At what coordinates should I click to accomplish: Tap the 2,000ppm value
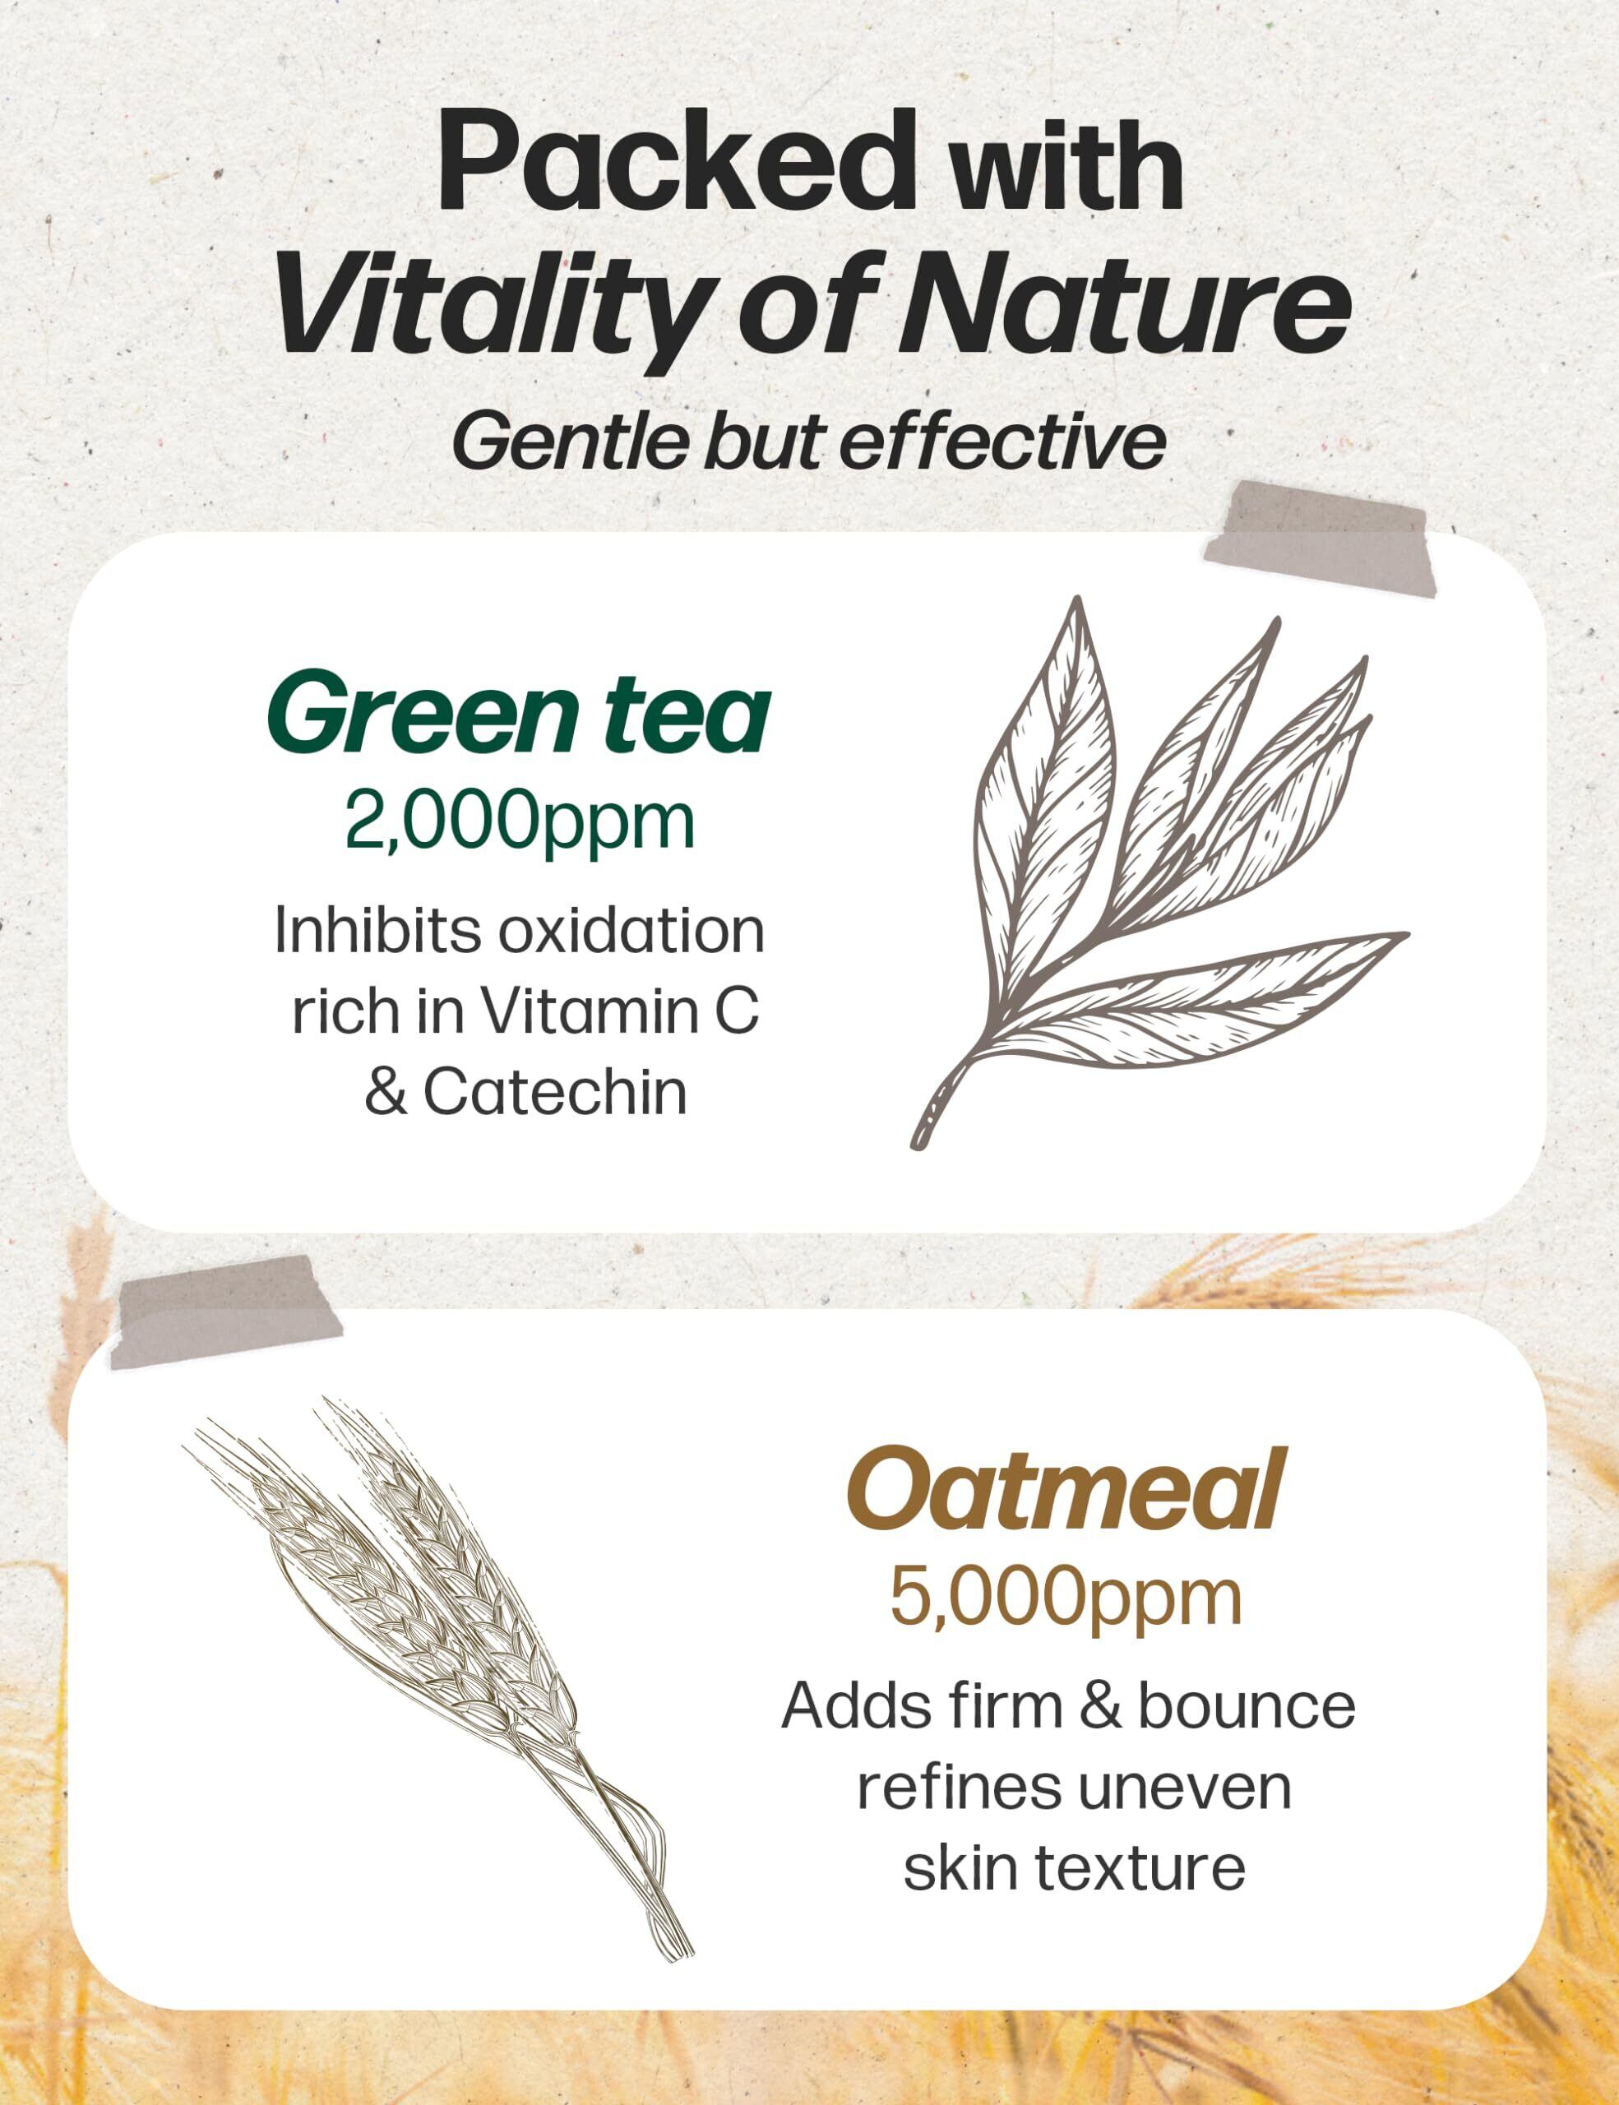tap(520, 821)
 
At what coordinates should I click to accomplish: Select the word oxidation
tap(631, 931)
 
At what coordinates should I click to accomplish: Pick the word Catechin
tap(555, 1093)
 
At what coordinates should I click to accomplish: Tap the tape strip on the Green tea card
tap(1320, 538)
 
